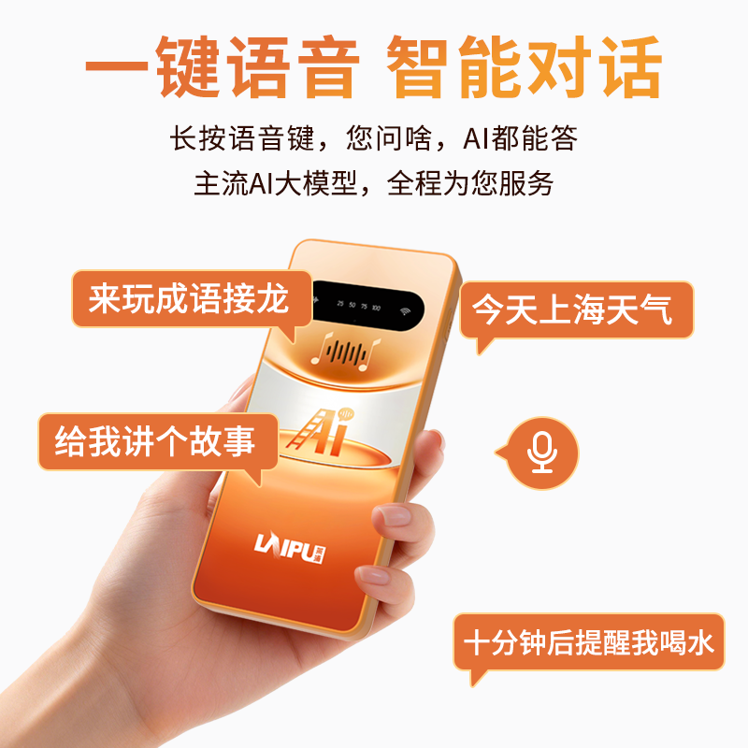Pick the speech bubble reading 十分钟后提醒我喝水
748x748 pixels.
point(589,643)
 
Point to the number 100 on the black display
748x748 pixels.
point(375,307)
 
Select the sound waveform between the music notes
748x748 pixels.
point(348,352)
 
